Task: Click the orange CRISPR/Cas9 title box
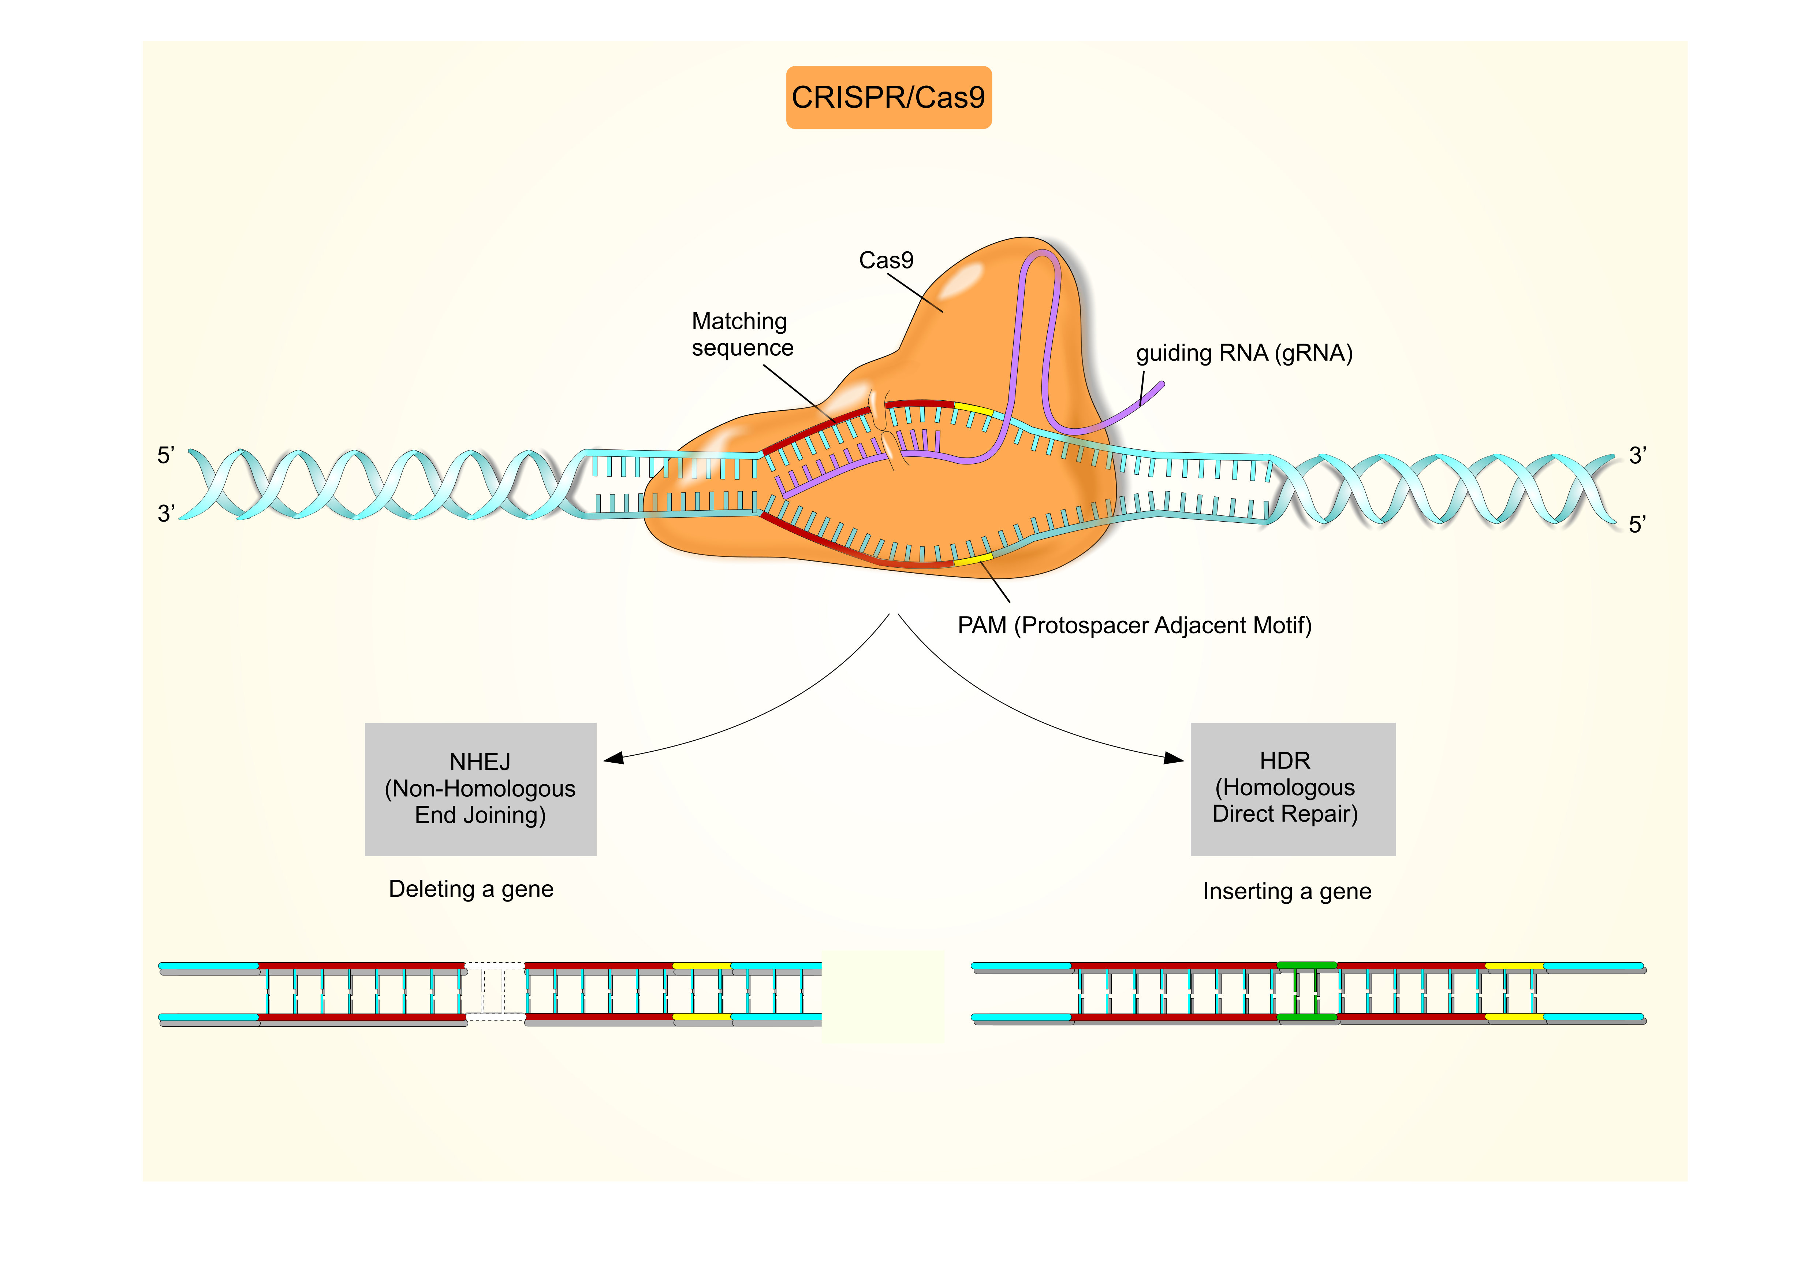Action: click(888, 97)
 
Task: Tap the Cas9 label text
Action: click(886, 260)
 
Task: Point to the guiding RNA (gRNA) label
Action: click(1243, 353)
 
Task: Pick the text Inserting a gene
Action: click(1287, 891)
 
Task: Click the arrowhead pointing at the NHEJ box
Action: click(614, 758)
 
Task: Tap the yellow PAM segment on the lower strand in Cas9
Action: click(973, 560)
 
